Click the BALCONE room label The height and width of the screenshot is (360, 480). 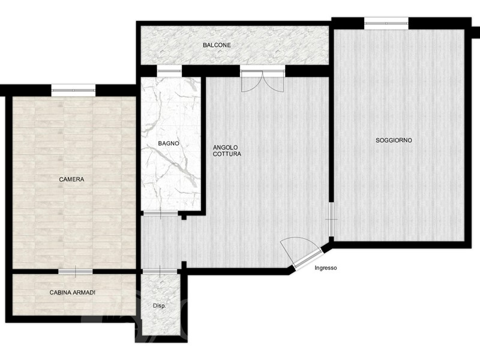pyautogui.click(x=217, y=45)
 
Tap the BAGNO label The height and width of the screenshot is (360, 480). pyautogui.click(x=169, y=143)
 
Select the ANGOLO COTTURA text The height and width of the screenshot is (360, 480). pyautogui.click(x=227, y=151)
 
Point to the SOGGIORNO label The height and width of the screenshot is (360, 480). pyautogui.click(x=394, y=140)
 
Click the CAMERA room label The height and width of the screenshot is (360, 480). pyautogui.click(x=71, y=179)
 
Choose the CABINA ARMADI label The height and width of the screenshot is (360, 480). pyautogui.click(x=72, y=293)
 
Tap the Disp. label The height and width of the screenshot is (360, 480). pyautogui.click(x=159, y=306)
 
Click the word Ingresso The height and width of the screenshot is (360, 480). pyautogui.click(x=326, y=268)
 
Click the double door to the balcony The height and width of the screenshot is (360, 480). pyautogui.click(x=262, y=80)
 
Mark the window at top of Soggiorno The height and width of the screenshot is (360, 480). pyautogui.click(x=386, y=23)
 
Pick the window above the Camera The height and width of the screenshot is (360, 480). pyautogui.click(x=73, y=90)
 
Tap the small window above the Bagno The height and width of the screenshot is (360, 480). pyautogui.click(x=169, y=71)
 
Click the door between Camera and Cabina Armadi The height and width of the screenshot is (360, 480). pyautogui.click(x=76, y=272)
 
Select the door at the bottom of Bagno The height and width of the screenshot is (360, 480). pyautogui.click(x=160, y=214)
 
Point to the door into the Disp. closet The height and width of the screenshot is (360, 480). pyautogui.click(x=160, y=272)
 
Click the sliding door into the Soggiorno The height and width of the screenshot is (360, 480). pyautogui.click(x=331, y=219)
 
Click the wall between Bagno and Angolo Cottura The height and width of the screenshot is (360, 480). pyautogui.click(x=203, y=144)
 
